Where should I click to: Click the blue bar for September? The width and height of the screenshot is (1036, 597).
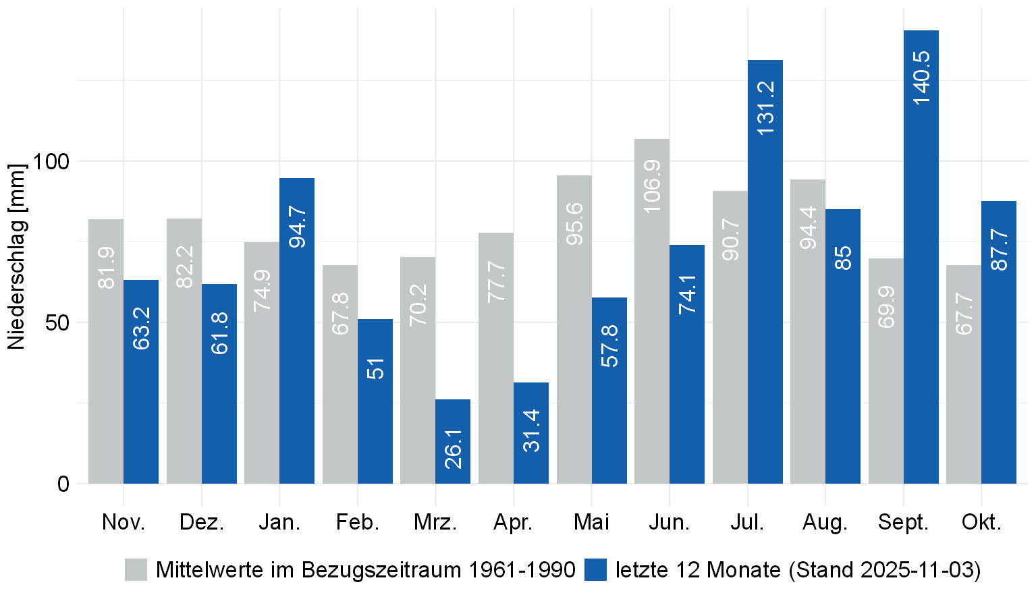(x=921, y=256)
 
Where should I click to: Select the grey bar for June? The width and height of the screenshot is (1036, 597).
(x=652, y=310)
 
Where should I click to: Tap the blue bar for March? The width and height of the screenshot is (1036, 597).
(x=453, y=441)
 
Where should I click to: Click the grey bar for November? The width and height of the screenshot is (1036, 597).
(x=106, y=351)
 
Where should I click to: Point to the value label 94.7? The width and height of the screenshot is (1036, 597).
(x=298, y=227)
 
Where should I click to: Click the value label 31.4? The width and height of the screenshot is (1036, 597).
(x=531, y=430)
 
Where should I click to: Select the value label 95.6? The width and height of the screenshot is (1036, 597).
(x=574, y=223)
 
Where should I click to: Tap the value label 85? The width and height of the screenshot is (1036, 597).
(x=843, y=258)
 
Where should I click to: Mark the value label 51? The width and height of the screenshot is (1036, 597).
(x=375, y=368)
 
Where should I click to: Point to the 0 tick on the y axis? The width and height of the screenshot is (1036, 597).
(x=63, y=484)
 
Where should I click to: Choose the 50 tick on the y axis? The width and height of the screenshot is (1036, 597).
(x=57, y=322)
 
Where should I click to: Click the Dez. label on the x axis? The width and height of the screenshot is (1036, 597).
(x=202, y=522)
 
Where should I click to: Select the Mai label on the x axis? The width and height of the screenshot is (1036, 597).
(x=591, y=522)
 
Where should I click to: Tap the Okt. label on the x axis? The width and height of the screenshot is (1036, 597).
(x=981, y=522)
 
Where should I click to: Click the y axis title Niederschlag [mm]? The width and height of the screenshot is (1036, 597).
(x=16, y=256)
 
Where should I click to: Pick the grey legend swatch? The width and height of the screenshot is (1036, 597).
(x=136, y=569)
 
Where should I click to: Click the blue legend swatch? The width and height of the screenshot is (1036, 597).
(x=595, y=569)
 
